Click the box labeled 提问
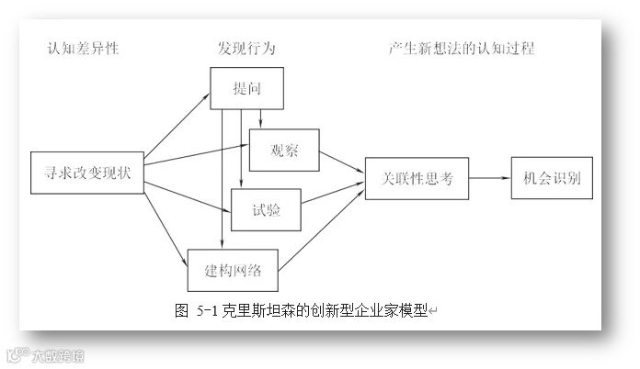[x=246, y=89]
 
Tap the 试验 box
[x=267, y=209]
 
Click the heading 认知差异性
[x=84, y=49]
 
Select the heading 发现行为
[x=246, y=49]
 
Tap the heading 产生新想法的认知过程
[x=461, y=49]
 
